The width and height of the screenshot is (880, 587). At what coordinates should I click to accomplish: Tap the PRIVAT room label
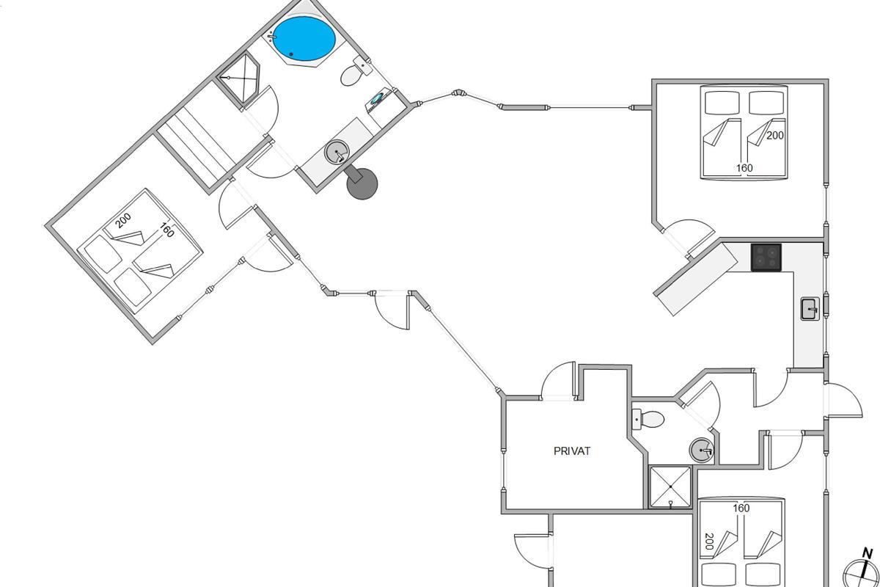pyautogui.click(x=572, y=451)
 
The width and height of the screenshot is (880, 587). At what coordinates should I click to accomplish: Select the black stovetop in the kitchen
pyautogui.click(x=766, y=258)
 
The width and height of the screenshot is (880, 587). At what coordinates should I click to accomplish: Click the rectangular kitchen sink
pyautogui.click(x=810, y=308)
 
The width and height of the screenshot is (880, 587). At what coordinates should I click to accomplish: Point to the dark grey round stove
pyautogui.click(x=362, y=183)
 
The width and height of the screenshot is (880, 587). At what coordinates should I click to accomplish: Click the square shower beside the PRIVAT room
pyautogui.click(x=670, y=486)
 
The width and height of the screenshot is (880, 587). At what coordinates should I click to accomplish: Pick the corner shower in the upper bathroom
pyautogui.click(x=241, y=81)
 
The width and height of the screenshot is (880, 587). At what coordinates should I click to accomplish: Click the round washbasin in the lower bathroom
pyautogui.click(x=701, y=449)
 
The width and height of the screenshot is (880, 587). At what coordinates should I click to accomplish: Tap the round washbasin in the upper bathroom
pyautogui.click(x=337, y=153)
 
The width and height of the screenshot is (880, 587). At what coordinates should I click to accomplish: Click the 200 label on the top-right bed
pyautogui.click(x=776, y=135)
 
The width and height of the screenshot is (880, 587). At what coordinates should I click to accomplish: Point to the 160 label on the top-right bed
pyautogui.click(x=744, y=168)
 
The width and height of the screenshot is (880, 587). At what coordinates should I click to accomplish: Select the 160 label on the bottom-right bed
pyautogui.click(x=741, y=508)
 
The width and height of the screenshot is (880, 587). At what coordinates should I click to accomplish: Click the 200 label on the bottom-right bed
pyautogui.click(x=708, y=542)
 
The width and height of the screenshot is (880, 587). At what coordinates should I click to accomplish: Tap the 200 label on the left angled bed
pyautogui.click(x=123, y=219)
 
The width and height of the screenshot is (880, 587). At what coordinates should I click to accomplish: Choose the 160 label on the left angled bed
pyautogui.click(x=166, y=230)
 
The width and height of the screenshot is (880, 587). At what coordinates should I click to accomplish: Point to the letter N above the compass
pyautogui.click(x=868, y=553)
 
